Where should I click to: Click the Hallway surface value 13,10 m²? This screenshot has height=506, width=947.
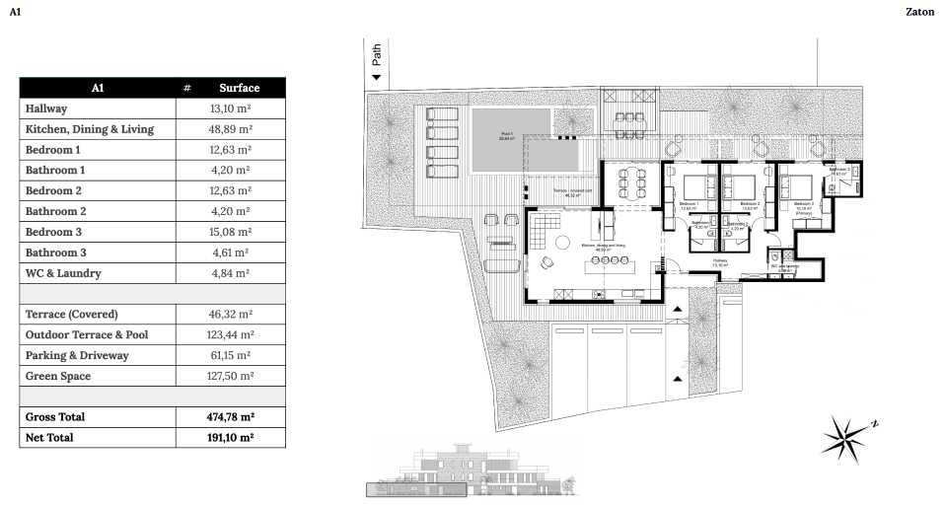tap(232, 108)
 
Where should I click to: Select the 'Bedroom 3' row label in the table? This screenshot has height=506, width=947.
tap(53, 232)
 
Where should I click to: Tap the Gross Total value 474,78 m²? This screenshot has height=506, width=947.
tap(232, 417)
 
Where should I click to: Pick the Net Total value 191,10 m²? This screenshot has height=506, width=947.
tap(232, 437)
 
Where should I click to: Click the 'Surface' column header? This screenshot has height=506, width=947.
tap(239, 88)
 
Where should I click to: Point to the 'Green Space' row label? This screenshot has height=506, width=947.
tap(58, 376)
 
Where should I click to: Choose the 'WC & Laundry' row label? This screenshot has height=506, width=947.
tap(63, 273)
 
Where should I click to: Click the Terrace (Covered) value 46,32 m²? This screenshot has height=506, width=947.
tap(232, 314)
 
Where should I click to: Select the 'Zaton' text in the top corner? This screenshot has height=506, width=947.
tap(918, 12)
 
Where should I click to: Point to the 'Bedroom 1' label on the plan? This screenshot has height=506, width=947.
tap(689, 204)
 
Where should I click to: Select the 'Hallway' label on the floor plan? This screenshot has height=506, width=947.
tap(721, 261)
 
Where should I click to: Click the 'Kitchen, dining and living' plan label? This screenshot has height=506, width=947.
tap(597, 246)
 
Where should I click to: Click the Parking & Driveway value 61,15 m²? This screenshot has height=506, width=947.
tap(232, 355)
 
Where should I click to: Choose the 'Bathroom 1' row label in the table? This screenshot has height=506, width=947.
tap(55, 170)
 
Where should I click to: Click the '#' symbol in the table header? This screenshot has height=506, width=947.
tap(186, 88)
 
